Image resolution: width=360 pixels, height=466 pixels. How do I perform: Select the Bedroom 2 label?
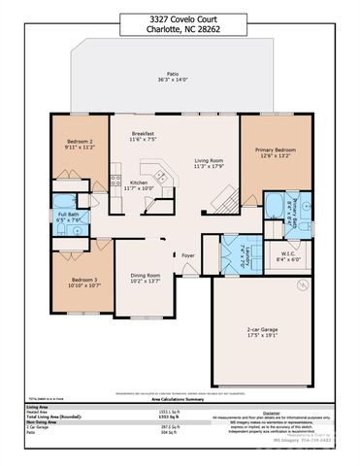click(79, 143)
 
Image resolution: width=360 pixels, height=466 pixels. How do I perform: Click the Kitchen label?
click(139, 183)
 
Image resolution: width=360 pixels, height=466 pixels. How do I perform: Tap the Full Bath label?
click(69, 215)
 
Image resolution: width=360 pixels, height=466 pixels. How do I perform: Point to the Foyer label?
click(188, 256)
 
